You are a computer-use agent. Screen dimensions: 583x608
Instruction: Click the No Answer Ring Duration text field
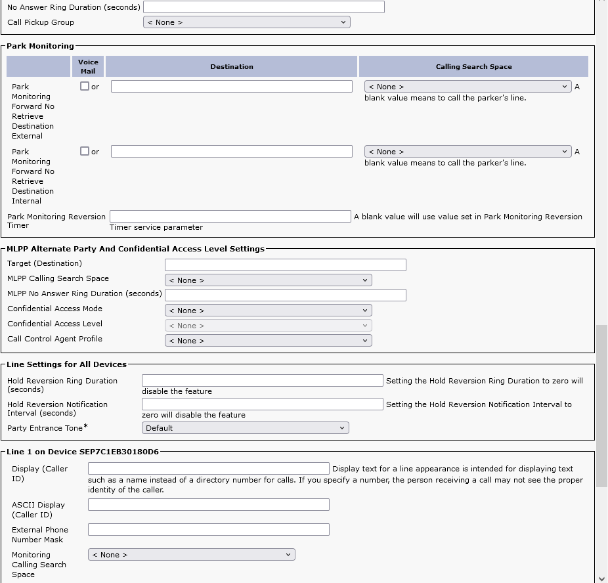tap(263, 7)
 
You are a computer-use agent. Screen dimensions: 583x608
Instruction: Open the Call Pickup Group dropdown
tap(246, 22)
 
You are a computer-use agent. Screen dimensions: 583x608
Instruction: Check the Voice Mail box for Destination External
tap(85, 86)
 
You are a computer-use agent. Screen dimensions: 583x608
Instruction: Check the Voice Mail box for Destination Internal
tap(85, 151)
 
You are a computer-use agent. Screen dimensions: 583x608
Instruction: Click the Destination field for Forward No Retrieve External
tap(231, 87)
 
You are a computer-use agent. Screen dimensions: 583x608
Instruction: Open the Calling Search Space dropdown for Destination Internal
tap(467, 152)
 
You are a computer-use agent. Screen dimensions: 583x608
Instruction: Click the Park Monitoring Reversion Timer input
tap(230, 217)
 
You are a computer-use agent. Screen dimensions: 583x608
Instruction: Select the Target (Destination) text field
tap(285, 265)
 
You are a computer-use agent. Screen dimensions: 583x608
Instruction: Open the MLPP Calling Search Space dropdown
tap(268, 280)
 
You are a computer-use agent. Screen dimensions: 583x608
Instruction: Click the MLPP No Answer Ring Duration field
tap(285, 295)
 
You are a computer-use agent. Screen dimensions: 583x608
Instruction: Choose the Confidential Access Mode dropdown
tap(268, 311)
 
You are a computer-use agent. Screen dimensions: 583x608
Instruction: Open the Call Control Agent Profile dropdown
tap(268, 341)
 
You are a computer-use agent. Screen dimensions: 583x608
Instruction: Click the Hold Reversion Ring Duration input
tap(262, 381)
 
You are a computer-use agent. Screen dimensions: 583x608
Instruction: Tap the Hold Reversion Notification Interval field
tap(262, 404)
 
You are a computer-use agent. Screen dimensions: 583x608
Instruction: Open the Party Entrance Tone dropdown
tap(245, 428)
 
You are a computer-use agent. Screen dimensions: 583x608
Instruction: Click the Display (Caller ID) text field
tap(208, 469)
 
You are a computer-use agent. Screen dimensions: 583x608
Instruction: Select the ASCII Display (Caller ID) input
tap(208, 505)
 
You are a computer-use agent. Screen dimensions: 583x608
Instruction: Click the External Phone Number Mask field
tap(208, 530)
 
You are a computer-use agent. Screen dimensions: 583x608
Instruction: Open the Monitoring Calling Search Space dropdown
tap(191, 555)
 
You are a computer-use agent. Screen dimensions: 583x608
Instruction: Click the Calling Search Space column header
tap(473, 66)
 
